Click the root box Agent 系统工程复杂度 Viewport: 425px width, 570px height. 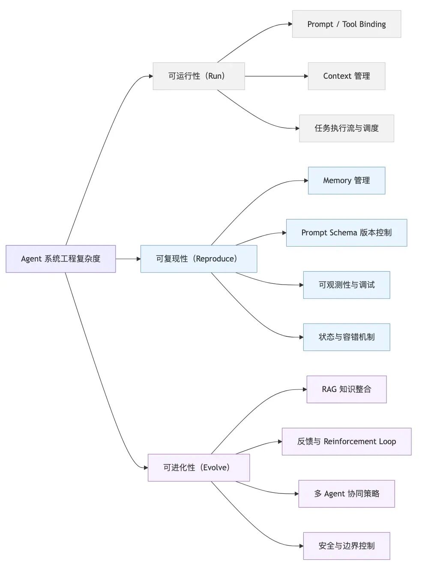tap(60, 259)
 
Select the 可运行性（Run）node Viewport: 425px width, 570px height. tap(198, 76)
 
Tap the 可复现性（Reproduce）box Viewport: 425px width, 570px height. tap(198, 259)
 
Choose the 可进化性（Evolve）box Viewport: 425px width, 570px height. tap(198, 468)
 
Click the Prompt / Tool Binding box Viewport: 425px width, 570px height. tap(346, 24)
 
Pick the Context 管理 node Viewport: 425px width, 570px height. tap(346, 76)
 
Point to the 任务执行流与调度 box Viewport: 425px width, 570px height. tap(346, 128)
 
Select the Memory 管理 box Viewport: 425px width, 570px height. tap(346, 181)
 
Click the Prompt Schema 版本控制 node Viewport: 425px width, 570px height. tap(346, 233)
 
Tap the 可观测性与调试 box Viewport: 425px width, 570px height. tap(346, 285)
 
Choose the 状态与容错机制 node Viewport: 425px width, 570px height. tap(346, 337)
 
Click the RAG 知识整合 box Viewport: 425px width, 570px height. tap(346, 389)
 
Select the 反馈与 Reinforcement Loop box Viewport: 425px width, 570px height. tap(346, 442)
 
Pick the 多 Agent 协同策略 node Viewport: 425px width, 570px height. tap(346, 494)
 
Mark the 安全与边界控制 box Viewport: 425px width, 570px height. tap(346, 546)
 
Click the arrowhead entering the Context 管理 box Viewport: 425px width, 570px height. tap(305, 76)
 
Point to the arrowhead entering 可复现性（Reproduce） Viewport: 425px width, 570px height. tap(138, 259)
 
